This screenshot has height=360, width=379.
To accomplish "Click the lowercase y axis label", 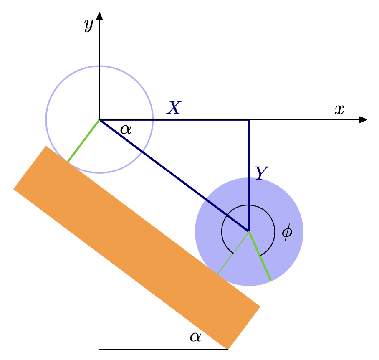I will pyautogui.click(x=88, y=25).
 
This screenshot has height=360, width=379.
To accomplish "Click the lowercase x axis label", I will pyautogui.click(x=339, y=109).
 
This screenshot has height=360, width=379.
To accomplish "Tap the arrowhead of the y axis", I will pyautogui.click(x=99, y=16).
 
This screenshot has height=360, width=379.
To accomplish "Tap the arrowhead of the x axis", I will pyautogui.click(x=363, y=120).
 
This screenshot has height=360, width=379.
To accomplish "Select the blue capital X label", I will pyautogui.click(x=174, y=108).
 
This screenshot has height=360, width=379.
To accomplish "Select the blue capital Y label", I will pyautogui.click(x=261, y=173).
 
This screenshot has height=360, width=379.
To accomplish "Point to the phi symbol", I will pyautogui.click(x=287, y=232).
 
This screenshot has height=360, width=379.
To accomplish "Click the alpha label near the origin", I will pyautogui.click(x=126, y=129).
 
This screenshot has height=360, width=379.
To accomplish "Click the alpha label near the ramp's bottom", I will pyautogui.click(x=195, y=337).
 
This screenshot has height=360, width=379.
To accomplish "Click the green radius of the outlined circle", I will pyautogui.click(x=83, y=141).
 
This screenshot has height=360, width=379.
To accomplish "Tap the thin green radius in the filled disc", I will pyautogui.click(x=233, y=253).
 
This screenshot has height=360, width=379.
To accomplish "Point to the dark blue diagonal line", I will pyautogui.click(x=175, y=176).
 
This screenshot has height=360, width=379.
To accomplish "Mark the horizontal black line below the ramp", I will pyautogui.click(x=163, y=349).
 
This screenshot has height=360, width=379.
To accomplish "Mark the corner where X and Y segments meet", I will pyautogui.click(x=249, y=120).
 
